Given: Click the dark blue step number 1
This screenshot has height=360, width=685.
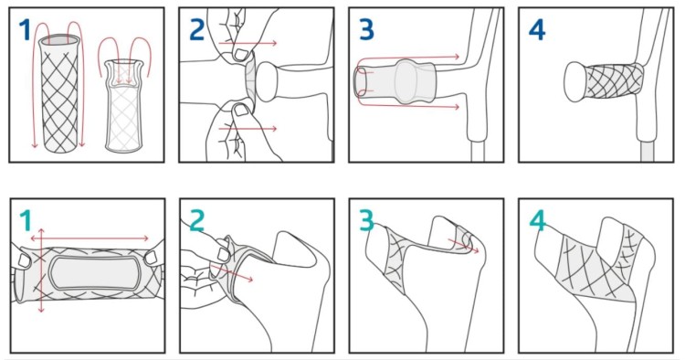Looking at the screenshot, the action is click(25, 30).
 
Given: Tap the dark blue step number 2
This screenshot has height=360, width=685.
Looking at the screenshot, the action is click(197, 30).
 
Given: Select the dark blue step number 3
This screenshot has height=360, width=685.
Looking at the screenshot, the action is click(366, 30).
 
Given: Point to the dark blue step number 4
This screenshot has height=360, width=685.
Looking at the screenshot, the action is click(537, 30).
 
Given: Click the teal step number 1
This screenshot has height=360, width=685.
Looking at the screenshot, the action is click(26, 220).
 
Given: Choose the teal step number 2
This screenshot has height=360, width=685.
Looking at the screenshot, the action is click(197, 220).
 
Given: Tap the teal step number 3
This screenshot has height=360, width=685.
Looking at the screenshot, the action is click(366, 220).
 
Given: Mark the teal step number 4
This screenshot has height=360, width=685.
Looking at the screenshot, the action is click(537, 220).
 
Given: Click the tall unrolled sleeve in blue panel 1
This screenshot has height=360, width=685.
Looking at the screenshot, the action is click(59, 93).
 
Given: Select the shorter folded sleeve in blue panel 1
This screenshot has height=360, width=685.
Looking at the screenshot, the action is click(124, 106).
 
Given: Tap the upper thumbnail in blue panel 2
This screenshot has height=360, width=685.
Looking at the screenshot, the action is click(239, 54).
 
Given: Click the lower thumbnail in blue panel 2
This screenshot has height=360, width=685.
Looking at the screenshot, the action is click(241, 110).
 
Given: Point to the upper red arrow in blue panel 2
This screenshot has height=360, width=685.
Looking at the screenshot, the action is click(248, 43).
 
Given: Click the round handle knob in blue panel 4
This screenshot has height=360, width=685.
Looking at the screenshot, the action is click(576, 81).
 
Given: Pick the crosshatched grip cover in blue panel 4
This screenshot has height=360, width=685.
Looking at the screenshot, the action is click(614, 80).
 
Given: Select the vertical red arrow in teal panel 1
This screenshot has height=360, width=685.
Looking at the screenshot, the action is click(40, 270).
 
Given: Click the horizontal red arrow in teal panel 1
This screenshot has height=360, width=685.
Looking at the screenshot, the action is click(90, 238).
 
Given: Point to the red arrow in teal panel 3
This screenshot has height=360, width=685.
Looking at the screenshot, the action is click(463, 245).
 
